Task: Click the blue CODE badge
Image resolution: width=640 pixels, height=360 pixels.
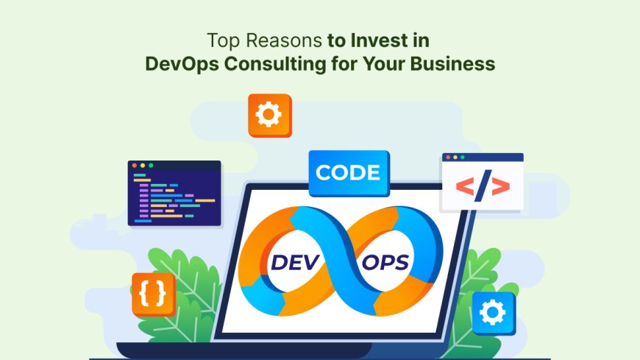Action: (349, 174)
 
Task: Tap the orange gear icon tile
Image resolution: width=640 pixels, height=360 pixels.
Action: (270, 116)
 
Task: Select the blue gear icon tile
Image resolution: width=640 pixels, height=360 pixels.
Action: (494, 313)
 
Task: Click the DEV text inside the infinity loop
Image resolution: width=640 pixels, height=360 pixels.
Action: (297, 261)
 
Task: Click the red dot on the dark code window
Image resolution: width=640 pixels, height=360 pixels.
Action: (135, 166)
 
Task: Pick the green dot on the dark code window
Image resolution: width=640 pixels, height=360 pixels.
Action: (151, 166)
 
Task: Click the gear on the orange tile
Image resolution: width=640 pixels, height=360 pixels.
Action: (270, 116)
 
